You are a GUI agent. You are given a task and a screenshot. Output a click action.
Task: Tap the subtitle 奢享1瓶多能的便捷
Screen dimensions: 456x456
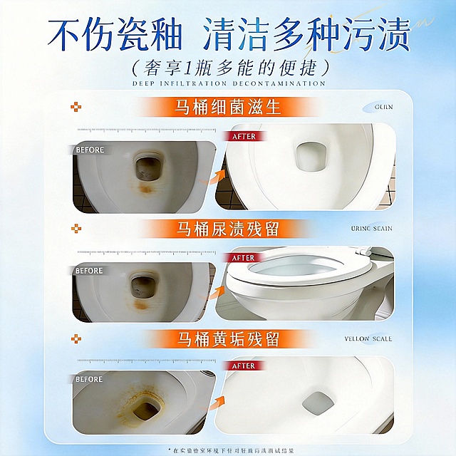228,68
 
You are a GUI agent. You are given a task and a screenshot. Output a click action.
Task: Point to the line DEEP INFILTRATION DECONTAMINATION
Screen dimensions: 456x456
228,84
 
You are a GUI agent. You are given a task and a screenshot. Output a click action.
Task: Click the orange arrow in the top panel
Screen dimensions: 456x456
212,178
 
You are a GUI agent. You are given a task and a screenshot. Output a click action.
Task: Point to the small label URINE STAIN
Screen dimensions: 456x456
372,229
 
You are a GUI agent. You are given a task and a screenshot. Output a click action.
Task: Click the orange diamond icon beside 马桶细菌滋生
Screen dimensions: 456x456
76,108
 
